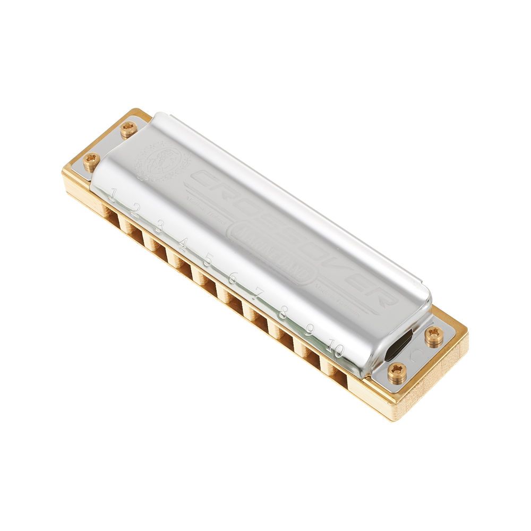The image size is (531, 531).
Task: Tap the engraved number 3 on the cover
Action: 158,227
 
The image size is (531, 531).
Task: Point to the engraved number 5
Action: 208,259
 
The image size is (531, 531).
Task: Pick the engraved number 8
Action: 282,312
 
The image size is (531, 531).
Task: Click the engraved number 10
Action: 335,349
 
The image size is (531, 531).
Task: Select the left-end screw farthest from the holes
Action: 127,129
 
